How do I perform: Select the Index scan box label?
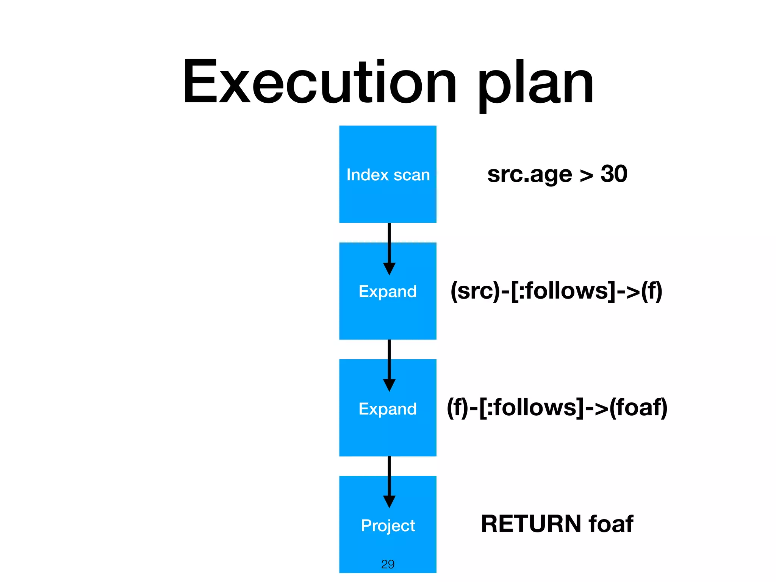(x=388, y=175)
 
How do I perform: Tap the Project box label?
(x=388, y=526)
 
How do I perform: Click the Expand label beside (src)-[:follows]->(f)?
(x=388, y=292)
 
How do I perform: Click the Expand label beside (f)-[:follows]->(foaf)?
(x=388, y=409)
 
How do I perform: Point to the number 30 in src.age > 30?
(x=614, y=174)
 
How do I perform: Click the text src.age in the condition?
(x=529, y=175)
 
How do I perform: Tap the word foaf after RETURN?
(x=611, y=524)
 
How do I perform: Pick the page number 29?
(x=388, y=564)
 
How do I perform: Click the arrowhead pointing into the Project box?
(x=389, y=501)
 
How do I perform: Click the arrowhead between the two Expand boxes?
(x=389, y=385)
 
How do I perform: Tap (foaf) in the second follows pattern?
(x=638, y=408)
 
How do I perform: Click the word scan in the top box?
(x=412, y=175)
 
